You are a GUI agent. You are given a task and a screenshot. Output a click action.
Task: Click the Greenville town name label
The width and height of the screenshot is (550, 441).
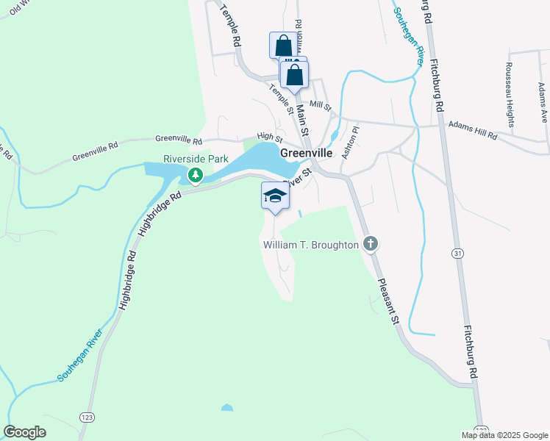(307, 153)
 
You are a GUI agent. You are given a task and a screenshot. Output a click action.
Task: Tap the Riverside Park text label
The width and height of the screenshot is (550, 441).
(196, 159)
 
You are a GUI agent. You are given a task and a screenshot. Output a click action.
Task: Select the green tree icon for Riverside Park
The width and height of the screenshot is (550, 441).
(195, 175)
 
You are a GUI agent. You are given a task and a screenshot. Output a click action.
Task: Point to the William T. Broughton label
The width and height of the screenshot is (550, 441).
(311, 244)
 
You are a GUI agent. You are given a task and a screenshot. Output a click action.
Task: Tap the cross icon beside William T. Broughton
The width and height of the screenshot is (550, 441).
(371, 244)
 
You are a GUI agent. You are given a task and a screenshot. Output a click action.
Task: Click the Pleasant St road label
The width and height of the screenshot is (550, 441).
(388, 301)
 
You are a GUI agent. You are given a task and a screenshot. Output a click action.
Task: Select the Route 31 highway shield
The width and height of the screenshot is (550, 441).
(458, 253)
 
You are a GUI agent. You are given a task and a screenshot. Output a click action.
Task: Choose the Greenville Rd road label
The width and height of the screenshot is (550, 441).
(96, 152)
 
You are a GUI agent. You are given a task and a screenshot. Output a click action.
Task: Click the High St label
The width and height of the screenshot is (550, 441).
(270, 137)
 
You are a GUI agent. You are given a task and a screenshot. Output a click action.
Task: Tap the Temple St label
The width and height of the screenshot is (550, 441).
(281, 100)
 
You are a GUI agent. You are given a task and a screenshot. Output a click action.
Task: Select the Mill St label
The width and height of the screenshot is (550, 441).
(321, 105)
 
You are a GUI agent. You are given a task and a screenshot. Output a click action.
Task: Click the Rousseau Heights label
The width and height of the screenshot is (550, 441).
(508, 85)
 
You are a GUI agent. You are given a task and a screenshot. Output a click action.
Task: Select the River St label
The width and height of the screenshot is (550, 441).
(297, 177)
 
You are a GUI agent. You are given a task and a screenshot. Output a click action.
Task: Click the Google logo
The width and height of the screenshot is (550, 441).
(25, 432)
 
